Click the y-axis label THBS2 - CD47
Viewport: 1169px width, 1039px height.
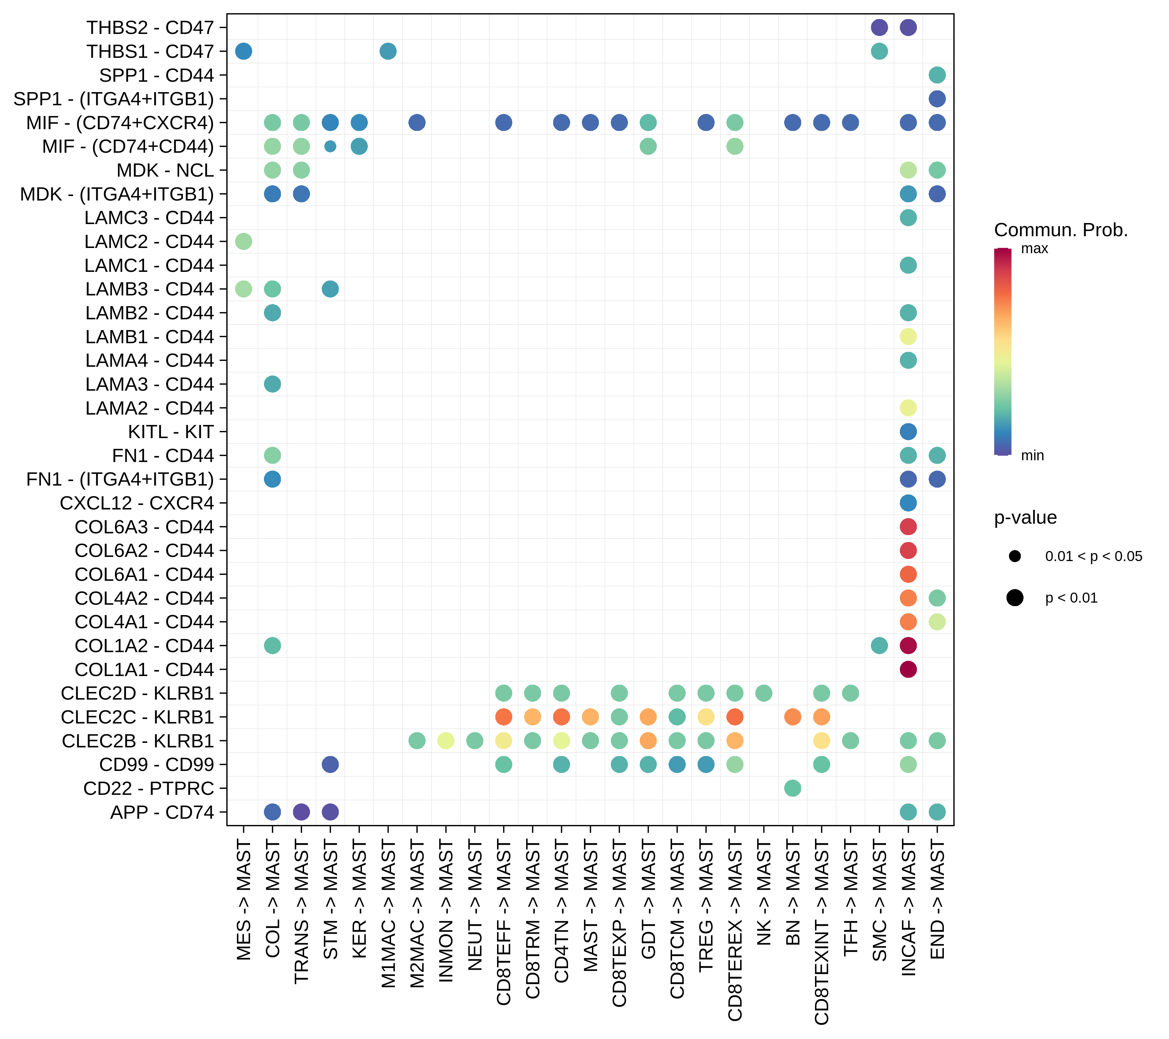[150, 27]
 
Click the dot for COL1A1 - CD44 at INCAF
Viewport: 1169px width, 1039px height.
[908, 669]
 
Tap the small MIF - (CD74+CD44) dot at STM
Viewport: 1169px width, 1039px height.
[330, 146]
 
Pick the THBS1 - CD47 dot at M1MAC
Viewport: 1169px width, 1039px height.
[388, 52]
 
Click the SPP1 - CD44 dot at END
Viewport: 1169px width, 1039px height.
[937, 75]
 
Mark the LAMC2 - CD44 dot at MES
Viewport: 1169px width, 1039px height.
[243, 241]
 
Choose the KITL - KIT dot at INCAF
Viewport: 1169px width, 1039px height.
[908, 432]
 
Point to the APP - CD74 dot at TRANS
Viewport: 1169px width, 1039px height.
[301, 812]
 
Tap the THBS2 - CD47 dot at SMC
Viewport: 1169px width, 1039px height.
[879, 27]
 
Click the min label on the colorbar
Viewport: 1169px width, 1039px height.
[1032, 456]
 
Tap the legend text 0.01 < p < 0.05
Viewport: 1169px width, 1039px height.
[1093, 556]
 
